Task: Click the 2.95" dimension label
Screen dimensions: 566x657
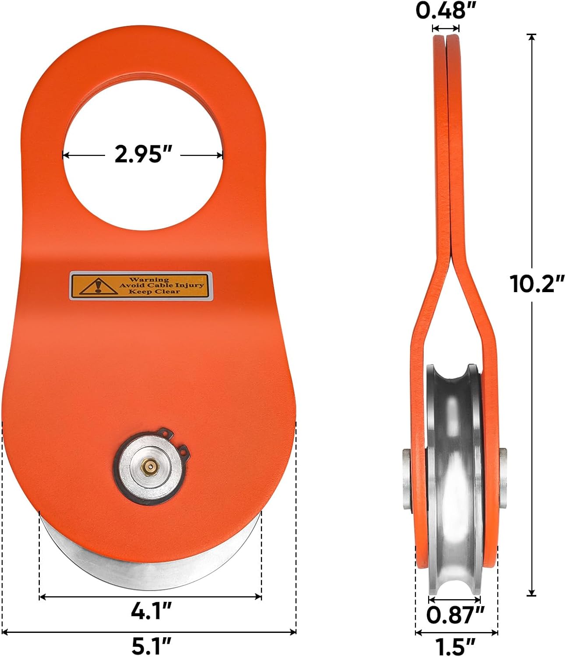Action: pos(143,154)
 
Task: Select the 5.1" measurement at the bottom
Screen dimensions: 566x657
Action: pos(151,646)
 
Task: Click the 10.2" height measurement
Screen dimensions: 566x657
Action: pos(537,283)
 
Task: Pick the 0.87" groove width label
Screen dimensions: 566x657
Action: pos(455,615)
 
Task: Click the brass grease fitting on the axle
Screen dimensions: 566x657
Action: pos(150,466)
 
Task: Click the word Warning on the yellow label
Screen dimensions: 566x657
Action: pos(149,279)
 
